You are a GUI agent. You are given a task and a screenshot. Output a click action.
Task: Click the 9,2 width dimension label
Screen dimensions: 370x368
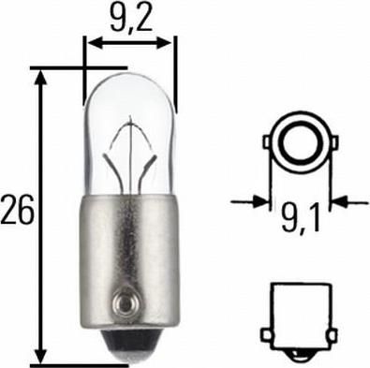pos(131,20)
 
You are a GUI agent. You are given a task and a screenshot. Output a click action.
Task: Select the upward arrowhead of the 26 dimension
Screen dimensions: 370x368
pos(40,78)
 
